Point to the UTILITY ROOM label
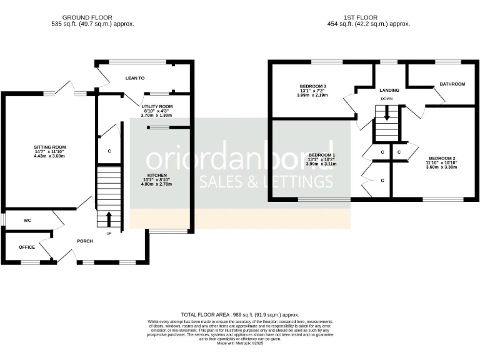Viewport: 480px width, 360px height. (157, 107)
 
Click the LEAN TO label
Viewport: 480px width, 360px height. (135, 78)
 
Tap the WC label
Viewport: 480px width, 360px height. (27, 221)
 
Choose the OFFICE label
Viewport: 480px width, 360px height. (27, 247)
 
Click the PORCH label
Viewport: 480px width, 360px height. (85, 241)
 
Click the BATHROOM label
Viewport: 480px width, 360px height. (452, 84)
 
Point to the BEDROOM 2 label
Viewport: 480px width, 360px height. (441, 158)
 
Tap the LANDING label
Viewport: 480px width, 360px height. (389, 90)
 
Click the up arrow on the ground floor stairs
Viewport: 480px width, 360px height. (109, 219)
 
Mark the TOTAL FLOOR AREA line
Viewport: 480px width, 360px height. (239, 315)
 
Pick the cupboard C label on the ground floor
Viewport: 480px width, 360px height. (109, 151)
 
